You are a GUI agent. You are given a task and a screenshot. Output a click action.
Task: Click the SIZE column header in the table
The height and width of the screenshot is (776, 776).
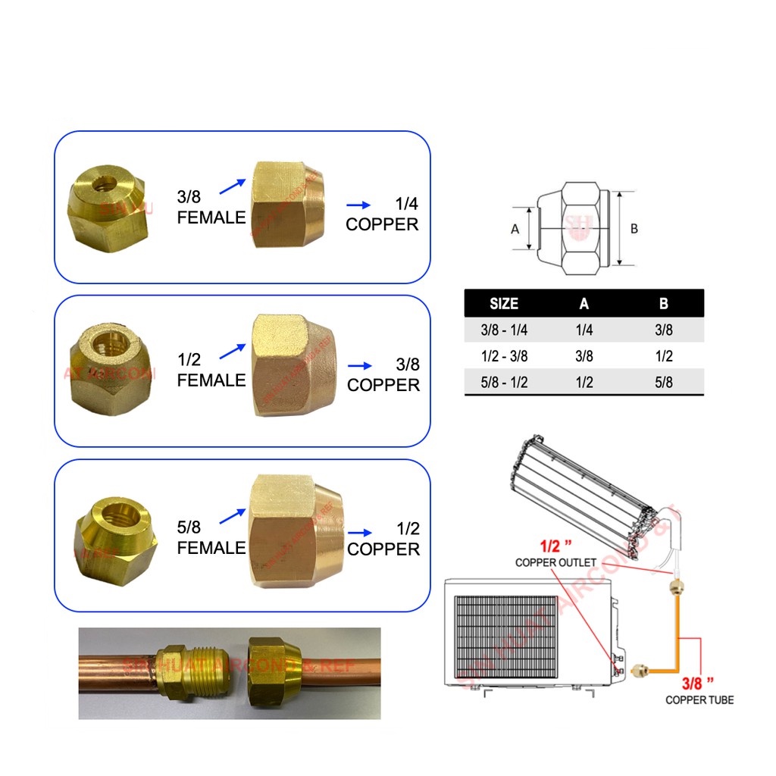pyautogui.click(x=504, y=304)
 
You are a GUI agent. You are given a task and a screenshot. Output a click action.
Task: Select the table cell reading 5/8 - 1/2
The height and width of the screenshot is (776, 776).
pyautogui.click(x=504, y=383)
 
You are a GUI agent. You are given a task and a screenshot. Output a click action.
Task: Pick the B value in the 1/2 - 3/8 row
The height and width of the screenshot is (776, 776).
pyautogui.click(x=664, y=356)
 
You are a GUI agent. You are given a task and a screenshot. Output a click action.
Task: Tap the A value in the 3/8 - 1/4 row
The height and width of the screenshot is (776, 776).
pyautogui.click(x=584, y=330)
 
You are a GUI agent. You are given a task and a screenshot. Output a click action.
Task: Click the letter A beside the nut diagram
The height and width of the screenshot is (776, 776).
pyautogui.click(x=515, y=228)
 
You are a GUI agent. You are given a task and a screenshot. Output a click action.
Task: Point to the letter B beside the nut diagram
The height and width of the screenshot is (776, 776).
pyautogui.click(x=634, y=228)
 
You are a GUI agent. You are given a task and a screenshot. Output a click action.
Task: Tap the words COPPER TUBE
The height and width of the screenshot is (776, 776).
pyautogui.click(x=699, y=699)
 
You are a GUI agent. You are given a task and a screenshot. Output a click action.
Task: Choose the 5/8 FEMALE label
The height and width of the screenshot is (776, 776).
pyautogui.click(x=211, y=538)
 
